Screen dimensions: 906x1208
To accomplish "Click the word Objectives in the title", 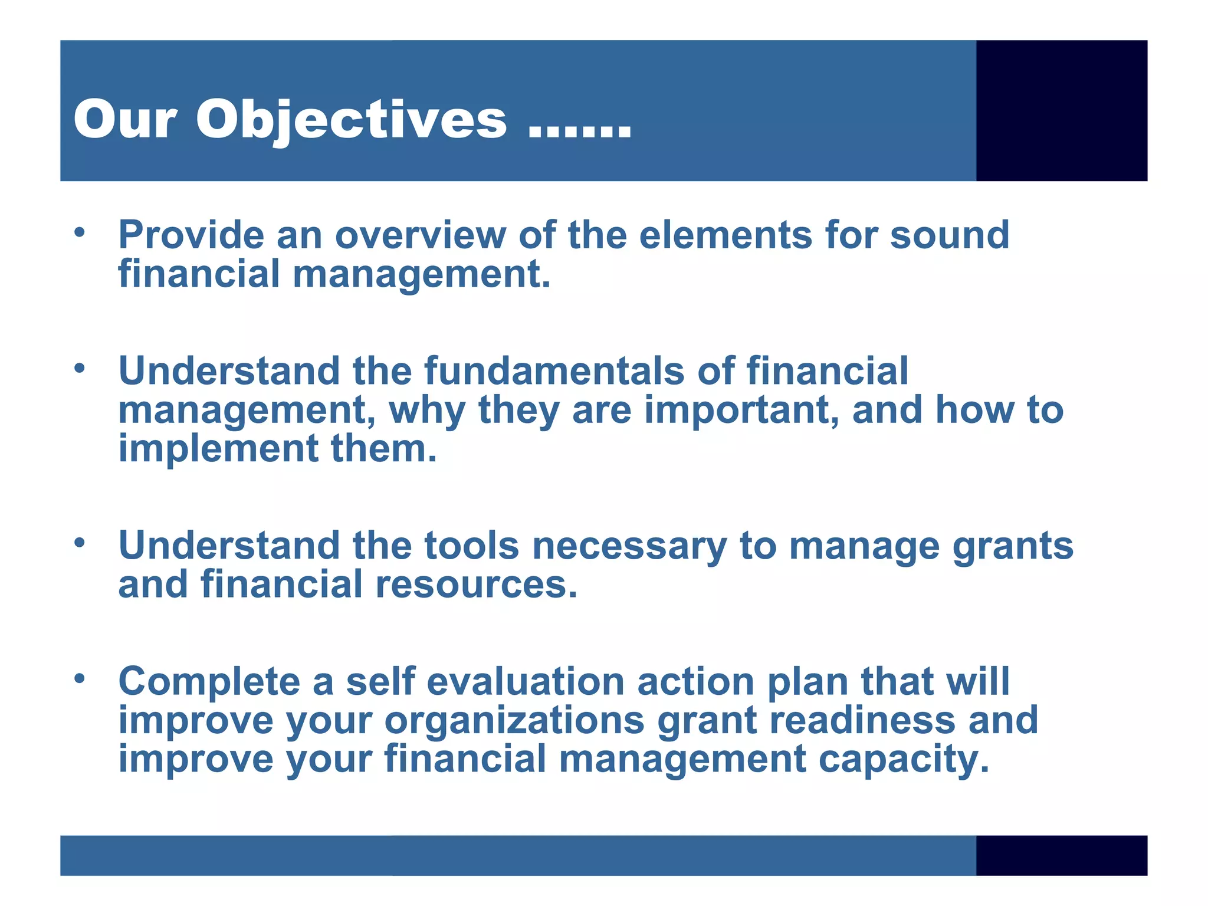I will [351, 120].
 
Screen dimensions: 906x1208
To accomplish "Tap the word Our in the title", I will [124, 120].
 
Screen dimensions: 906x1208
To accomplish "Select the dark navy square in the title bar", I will [1061, 110].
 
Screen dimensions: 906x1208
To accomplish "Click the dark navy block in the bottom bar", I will [1061, 855].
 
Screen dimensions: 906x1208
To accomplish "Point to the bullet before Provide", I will [80, 232].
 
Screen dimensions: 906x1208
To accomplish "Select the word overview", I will [420, 235].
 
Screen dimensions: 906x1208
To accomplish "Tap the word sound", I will [949, 235].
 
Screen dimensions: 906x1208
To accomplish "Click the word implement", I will [219, 449].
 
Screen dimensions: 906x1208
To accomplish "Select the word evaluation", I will [525, 682].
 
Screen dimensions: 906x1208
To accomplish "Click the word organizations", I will [514, 721].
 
